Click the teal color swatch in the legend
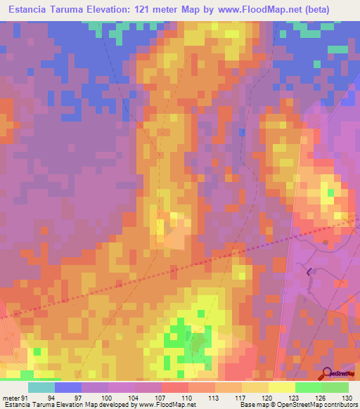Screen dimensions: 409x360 tap(41, 387)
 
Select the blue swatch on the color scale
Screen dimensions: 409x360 tap(68, 387)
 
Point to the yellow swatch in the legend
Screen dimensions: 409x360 tap(282, 387)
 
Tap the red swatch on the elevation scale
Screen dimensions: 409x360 tap(175, 387)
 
